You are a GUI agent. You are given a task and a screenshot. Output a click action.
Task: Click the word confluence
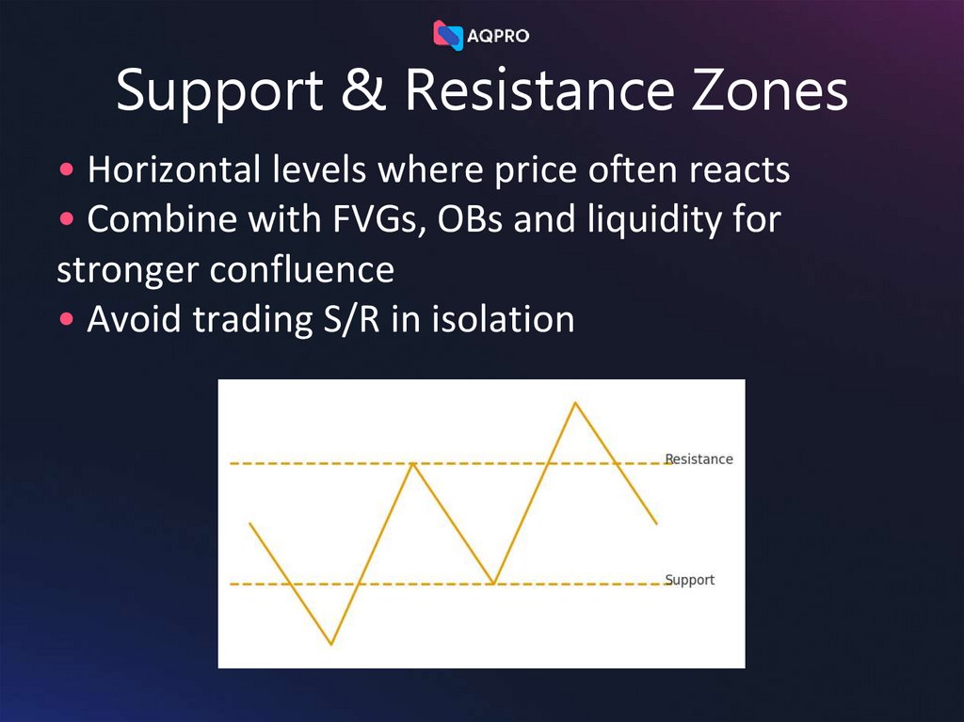pyautogui.click(x=301, y=270)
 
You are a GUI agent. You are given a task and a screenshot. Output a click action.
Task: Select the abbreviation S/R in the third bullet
pyautogui.click(x=347, y=320)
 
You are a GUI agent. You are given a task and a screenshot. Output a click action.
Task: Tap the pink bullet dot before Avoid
pyautogui.click(x=67, y=320)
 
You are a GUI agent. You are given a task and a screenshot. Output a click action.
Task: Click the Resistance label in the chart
pyautogui.click(x=699, y=459)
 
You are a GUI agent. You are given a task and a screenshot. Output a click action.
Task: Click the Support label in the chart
pyautogui.click(x=690, y=580)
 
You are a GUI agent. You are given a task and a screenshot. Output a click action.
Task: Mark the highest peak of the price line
pyautogui.click(x=575, y=403)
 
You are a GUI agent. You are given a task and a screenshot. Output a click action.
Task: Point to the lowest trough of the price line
pyautogui.click(x=331, y=644)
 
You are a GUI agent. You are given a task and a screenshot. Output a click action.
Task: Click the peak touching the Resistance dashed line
pyautogui.click(x=412, y=463)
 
